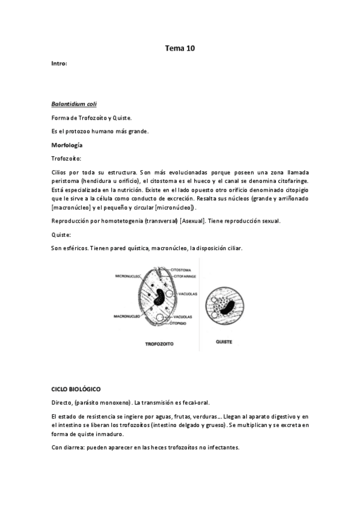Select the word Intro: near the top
coord(59,63)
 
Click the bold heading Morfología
coord(67,145)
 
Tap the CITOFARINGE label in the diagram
coord(186,276)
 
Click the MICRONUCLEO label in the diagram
coord(129,277)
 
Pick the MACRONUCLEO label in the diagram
coord(126,315)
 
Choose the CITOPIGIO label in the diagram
coord(181,323)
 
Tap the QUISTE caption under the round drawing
coord(224,342)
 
